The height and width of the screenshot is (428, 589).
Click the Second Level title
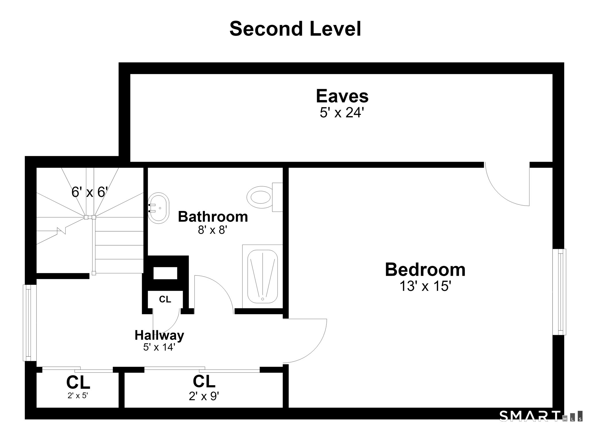295,29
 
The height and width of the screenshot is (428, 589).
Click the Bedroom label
425,270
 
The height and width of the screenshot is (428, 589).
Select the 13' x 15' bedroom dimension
425,286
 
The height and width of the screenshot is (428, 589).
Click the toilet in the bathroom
265,197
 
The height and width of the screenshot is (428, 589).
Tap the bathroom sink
158,208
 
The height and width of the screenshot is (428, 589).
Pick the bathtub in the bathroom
262,276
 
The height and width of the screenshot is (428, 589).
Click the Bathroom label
213,217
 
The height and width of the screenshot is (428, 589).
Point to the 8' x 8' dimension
213,230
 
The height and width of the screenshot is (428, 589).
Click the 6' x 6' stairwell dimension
90,192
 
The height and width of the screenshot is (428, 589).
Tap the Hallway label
159,335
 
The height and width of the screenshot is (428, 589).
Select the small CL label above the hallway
165,300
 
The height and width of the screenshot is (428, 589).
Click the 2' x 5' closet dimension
78,396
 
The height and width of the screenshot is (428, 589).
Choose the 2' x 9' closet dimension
204,396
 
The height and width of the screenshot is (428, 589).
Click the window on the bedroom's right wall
559,292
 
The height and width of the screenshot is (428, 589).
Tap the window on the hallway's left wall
30,323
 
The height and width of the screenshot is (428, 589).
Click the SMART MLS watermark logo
541,416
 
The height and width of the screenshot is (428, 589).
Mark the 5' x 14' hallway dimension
159,347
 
